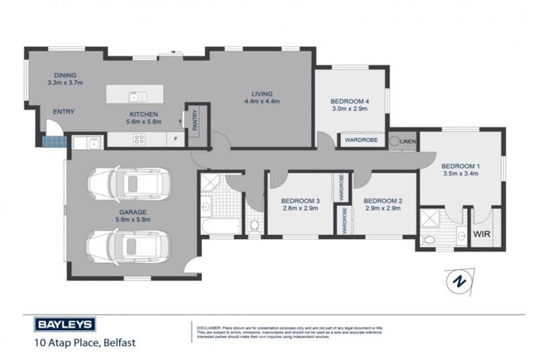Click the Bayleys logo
tap(65, 325)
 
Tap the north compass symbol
tap(459, 281)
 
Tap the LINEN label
tap(409, 141)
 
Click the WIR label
tap(482, 233)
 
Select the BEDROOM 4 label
tap(349, 101)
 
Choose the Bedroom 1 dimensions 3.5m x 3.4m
tap(460, 174)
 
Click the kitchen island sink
tap(134, 96)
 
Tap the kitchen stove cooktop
tap(139, 139)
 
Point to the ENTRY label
tap(63, 111)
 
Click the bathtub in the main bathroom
tap(220, 226)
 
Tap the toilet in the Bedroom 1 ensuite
tap(428, 240)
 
